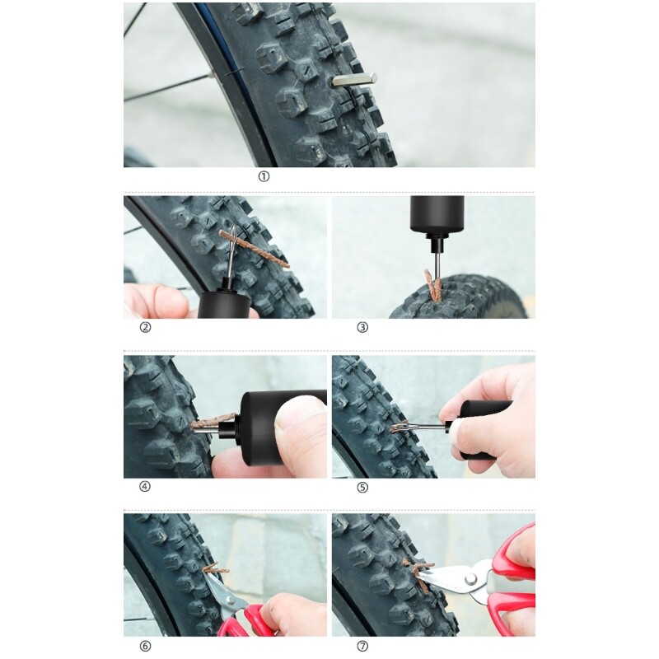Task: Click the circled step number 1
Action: (x=264, y=176)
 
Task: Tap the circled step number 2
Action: (x=146, y=327)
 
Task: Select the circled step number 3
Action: (x=362, y=327)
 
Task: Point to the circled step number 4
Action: (x=145, y=486)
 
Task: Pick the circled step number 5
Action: (x=362, y=487)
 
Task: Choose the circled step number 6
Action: (x=145, y=646)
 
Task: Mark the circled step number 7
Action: (x=362, y=646)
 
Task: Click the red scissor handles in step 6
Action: (x=247, y=622)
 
